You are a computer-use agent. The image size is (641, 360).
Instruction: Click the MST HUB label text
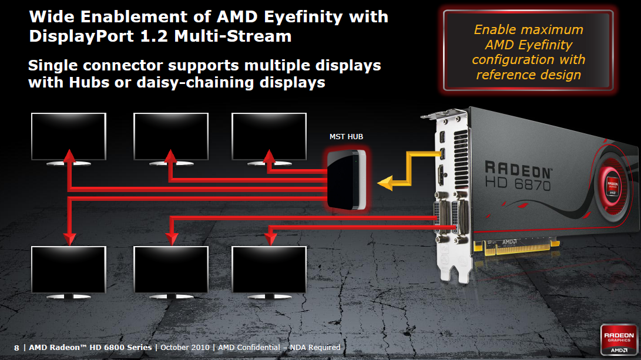click(x=346, y=137)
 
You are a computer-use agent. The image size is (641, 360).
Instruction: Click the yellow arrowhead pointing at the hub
click(x=385, y=184)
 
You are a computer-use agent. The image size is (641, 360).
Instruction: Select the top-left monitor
click(x=69, y=136)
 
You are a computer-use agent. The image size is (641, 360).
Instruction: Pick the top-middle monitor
click(x=171, y=136)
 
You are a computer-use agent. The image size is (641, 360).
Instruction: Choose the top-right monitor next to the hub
click(x=269, y=136)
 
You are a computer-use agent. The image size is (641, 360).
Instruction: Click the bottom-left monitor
click(x=69, y=269)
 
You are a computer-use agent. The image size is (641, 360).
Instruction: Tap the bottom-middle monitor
click(x=171, y=269)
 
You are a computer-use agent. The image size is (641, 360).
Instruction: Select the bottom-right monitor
click(x=269, y=269)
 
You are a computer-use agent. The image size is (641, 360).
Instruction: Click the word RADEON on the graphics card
click(x=518, y=170)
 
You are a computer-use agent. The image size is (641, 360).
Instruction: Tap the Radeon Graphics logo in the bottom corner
click(x=617, y=338)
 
